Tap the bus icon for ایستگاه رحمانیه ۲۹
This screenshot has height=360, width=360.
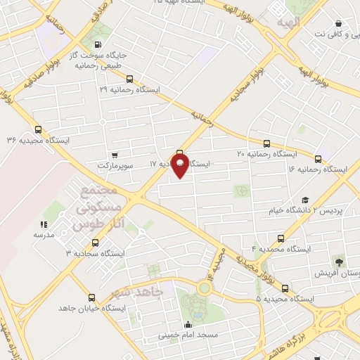point(129,79)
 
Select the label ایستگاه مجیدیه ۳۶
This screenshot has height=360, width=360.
point(39,140)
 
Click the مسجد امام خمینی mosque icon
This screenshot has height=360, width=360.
point(188,324)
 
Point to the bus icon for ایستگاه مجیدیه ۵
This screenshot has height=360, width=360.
point(285,288)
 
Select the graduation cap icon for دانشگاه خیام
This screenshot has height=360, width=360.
point(304,200)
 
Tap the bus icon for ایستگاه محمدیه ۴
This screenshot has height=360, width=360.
point(281,238)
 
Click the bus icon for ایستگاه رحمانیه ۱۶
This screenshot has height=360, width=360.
point(319,160)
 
